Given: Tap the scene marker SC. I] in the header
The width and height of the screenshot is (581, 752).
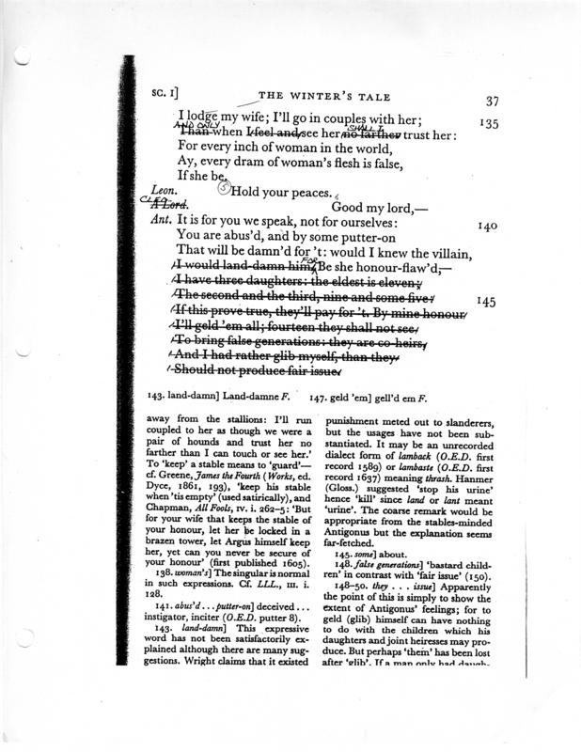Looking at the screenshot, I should [165, 94].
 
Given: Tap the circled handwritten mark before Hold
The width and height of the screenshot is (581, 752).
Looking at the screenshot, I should [223, 188].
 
